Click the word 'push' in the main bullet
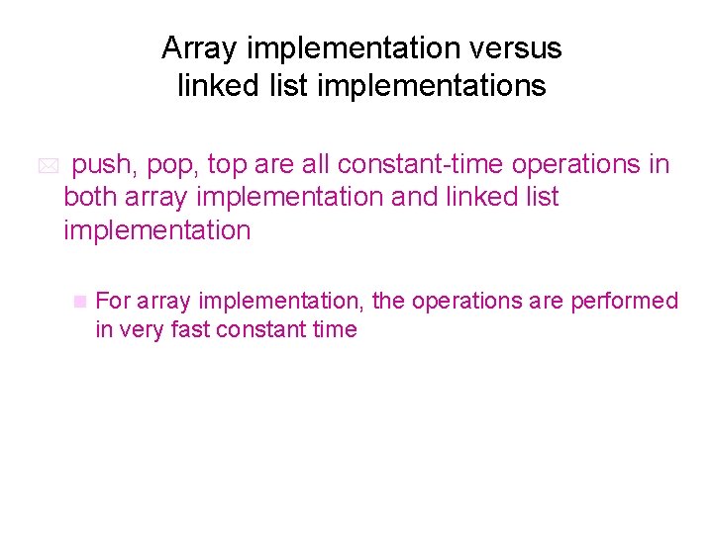[102, 164]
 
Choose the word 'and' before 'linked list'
[414, 197]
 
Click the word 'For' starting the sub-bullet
[114, 301]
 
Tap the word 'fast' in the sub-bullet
[189, 329]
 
